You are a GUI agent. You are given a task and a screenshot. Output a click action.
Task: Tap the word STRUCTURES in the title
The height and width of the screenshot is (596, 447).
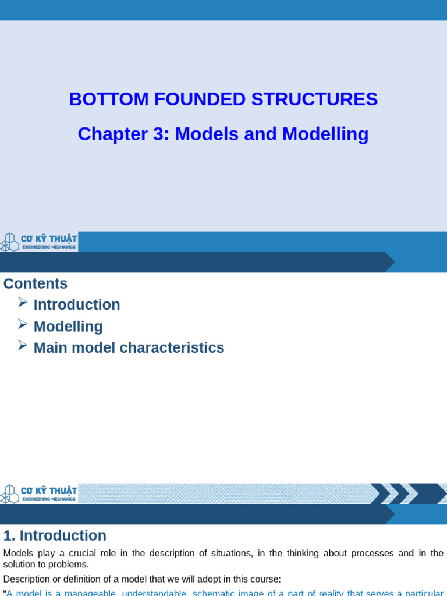tap(314, 100)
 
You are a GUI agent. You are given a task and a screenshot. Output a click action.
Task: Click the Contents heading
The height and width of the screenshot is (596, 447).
tap(36, 283)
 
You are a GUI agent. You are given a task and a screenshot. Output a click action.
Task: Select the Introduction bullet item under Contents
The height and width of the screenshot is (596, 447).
tap(77, 305)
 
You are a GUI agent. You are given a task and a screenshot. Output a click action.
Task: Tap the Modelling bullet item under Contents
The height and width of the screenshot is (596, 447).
tap(68, 327)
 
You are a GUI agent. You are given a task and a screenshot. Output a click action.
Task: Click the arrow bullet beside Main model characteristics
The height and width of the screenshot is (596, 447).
tap(23, 345)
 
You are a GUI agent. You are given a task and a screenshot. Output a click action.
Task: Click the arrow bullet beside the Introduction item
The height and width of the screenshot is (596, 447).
tap(23, 302)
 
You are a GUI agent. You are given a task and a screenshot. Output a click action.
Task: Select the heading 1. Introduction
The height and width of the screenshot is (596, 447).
tap(55, 535)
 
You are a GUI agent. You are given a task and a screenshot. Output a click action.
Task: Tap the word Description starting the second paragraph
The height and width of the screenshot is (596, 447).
tap(26, 579)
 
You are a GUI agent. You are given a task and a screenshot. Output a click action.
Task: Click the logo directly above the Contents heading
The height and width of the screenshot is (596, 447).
tap(39, 242)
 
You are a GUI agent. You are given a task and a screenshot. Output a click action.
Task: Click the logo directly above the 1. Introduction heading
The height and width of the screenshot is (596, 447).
tap(39, 494)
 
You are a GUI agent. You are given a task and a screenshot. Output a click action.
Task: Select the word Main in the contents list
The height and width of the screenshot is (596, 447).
tap(48, 348)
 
